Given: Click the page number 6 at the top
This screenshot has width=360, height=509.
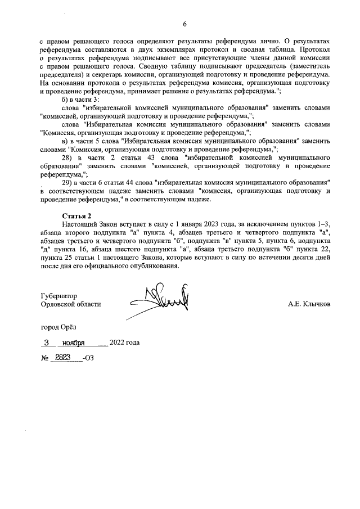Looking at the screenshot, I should [x=184, y=24].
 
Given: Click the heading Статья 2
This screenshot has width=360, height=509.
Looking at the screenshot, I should [x=76, y=215].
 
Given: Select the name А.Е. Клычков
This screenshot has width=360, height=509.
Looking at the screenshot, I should [x=309, y=304].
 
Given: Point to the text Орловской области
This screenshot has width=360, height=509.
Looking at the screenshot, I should [x=71, y=304].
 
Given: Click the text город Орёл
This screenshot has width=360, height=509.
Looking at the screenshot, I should [x=59, y=327].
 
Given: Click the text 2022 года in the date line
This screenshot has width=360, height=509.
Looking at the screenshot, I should [x=124, y=343].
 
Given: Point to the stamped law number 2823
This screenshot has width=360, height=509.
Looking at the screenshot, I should [x=62, y=357].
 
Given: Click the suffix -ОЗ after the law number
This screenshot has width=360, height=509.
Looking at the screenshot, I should [x=88, y=358].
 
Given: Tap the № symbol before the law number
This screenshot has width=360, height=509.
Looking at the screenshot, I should [x=44, y=358].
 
